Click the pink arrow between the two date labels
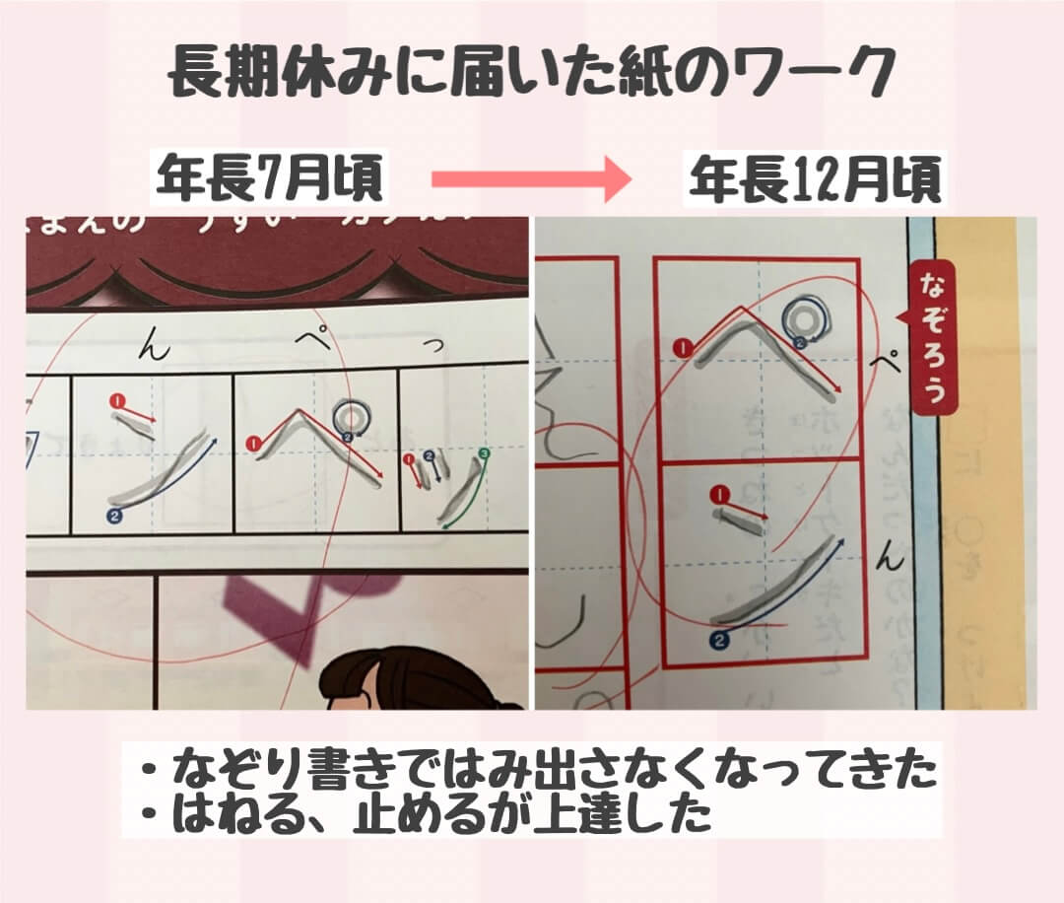(530, 179)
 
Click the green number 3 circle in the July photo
(483, 453)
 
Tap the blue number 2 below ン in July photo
(113, 515)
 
